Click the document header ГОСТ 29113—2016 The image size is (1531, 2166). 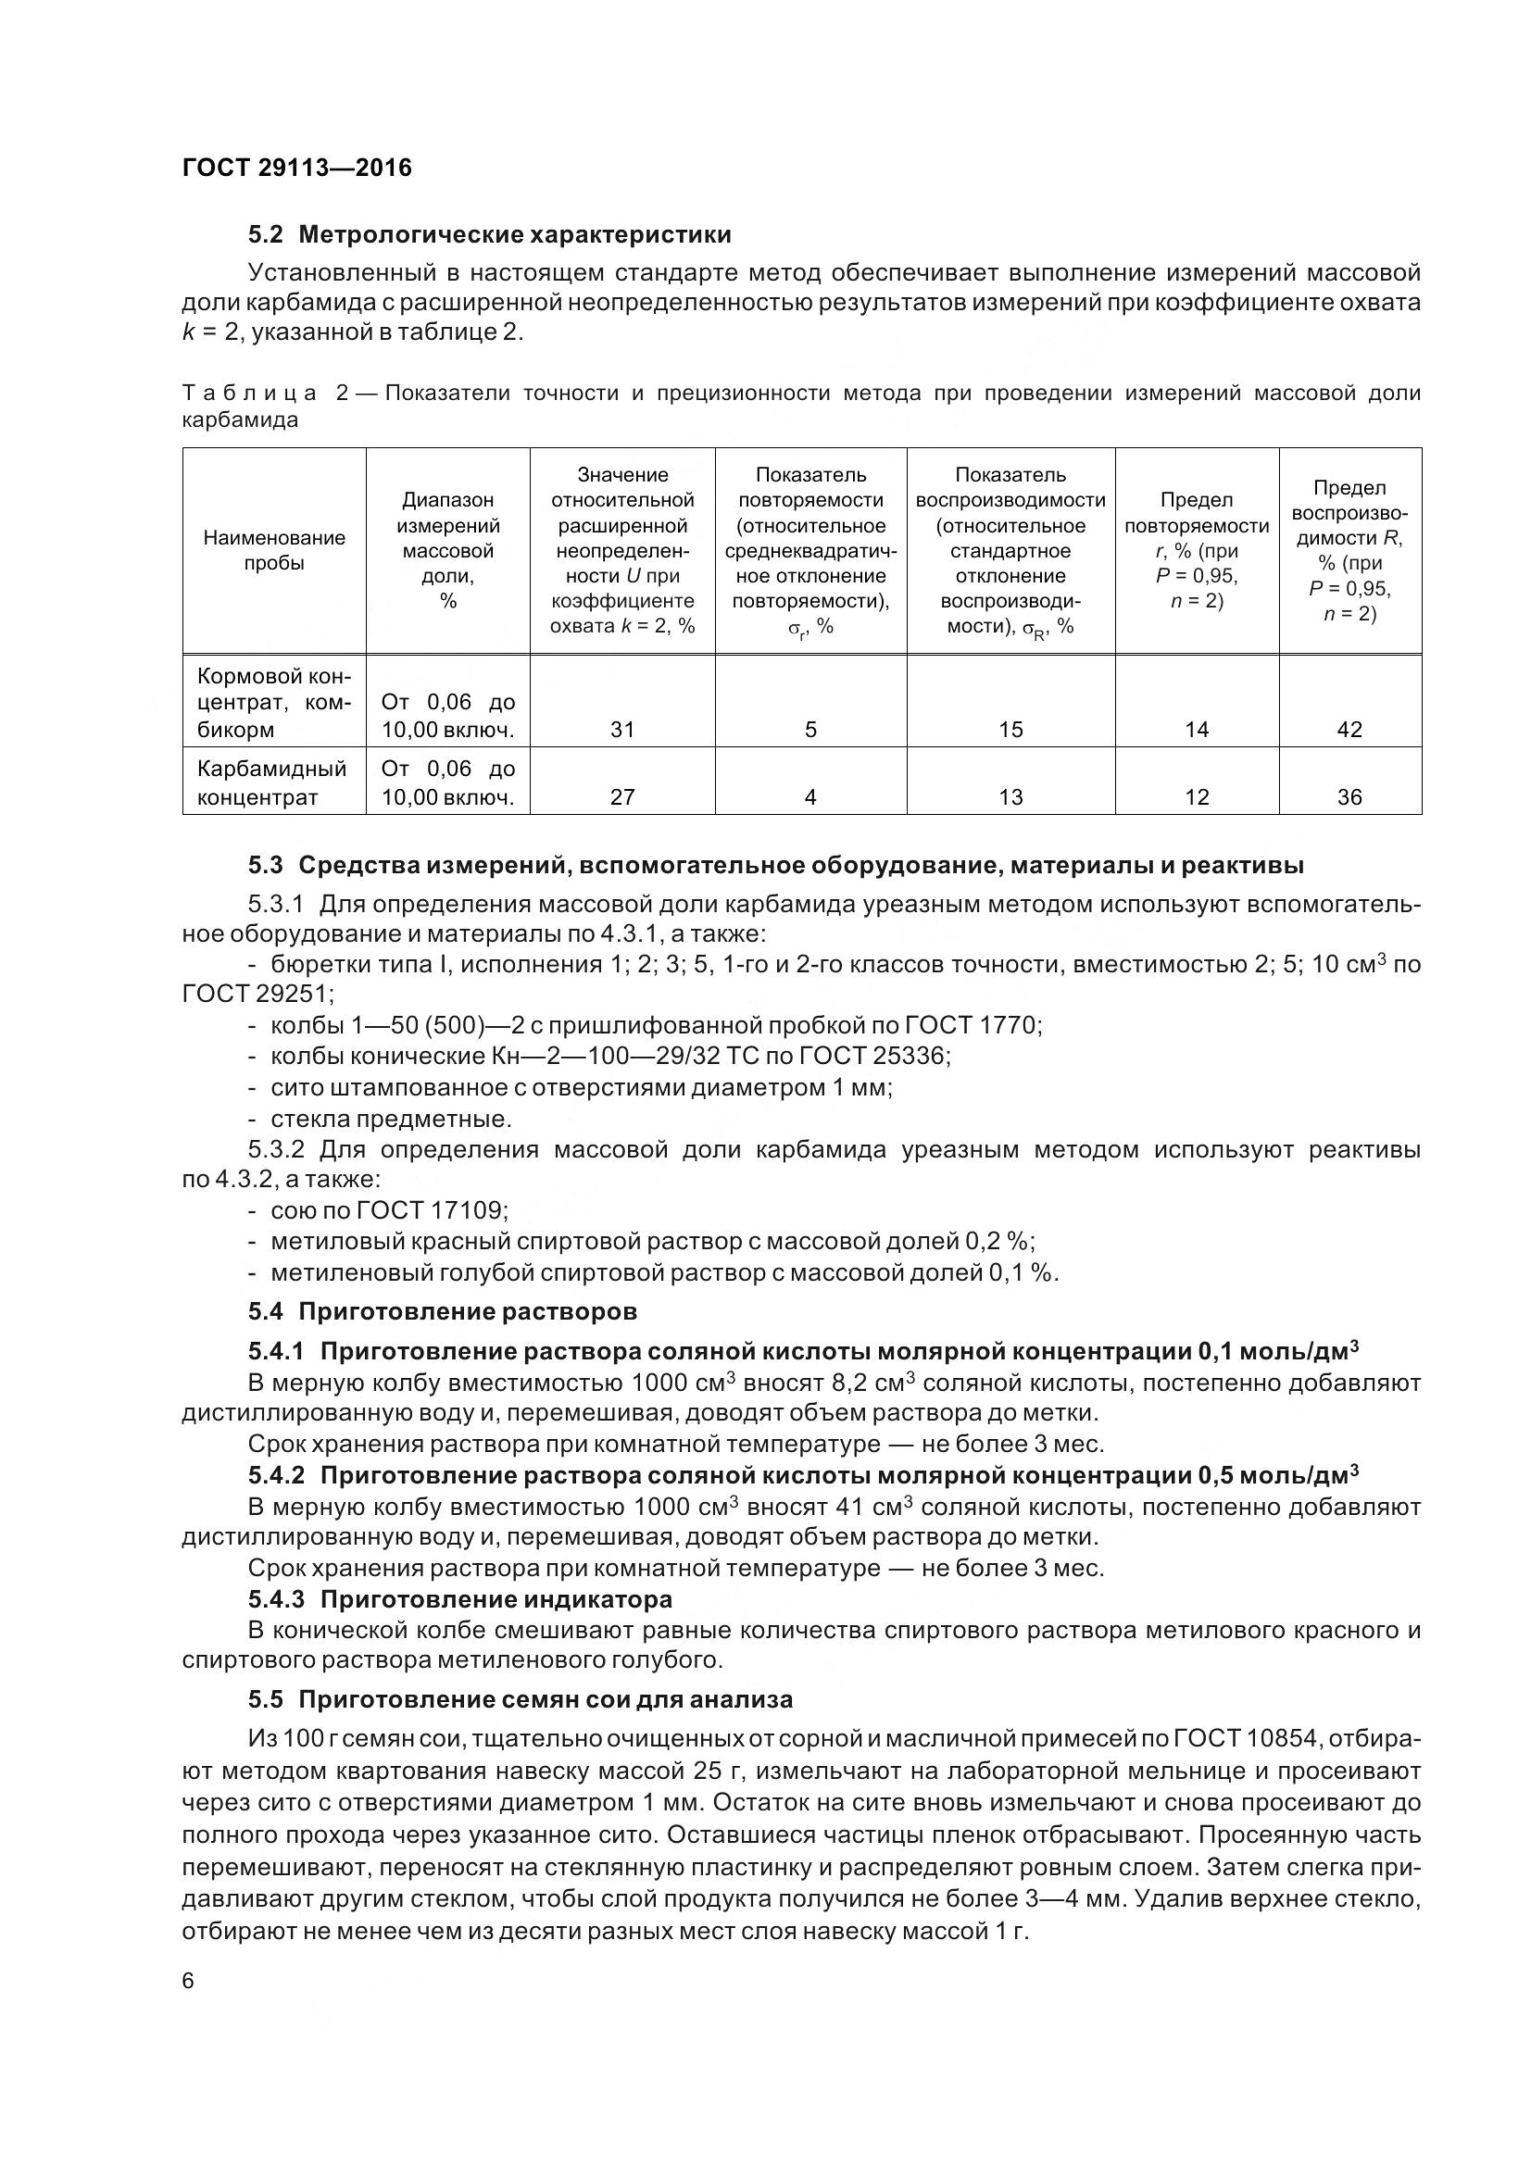(x=296, y=168)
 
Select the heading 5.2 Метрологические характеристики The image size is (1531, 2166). (x=490, y=234)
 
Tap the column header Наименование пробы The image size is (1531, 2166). (x=273, y=550)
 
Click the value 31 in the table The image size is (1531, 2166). (x=621, y=729)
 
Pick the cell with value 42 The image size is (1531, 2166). (x=1349, y=729)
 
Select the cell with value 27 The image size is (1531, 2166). (x=621, y=797)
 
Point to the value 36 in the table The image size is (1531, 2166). (x=1349, y=797)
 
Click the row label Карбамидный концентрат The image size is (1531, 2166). (x=271, y=783)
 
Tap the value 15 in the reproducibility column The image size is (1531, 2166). (x=1010, y=729)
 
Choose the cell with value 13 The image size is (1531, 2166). (x=1010, y=797)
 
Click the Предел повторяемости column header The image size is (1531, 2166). (x=1196, y=550)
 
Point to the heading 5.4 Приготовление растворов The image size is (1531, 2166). (x=443, y=1311)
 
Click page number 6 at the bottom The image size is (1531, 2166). (x=188, y=1981)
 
